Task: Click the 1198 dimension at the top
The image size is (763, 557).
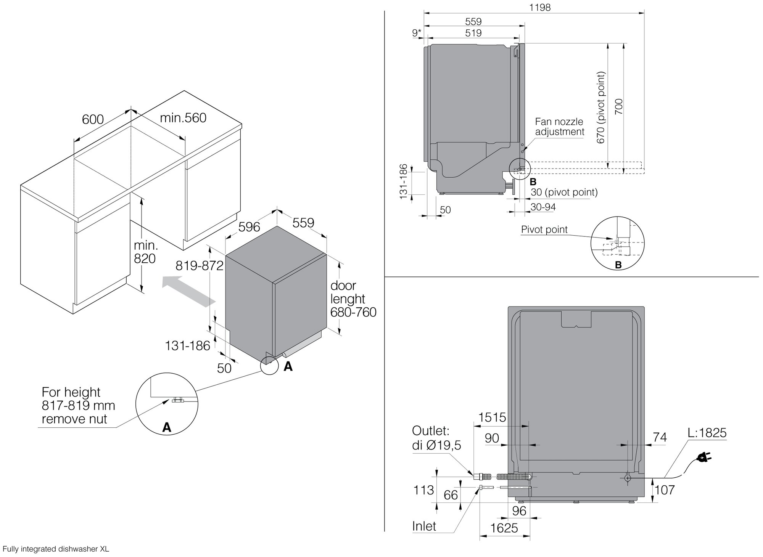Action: (x=540, y=7)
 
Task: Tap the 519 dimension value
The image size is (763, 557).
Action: (x=473, y=33)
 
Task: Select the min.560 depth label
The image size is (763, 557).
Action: (x=183, y=118)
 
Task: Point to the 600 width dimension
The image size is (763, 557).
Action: (x=93, y=119)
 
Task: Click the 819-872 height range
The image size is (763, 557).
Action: (x=199, y=265)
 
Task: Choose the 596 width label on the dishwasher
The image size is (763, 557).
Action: (x=249, y=227)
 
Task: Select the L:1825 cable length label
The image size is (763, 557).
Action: (x=707, y=433)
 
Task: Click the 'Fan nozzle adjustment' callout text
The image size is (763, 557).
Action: (x=559, y=127)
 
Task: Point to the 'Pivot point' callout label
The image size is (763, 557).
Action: (x=544, y=230)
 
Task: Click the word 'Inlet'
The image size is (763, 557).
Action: (x=424, y=526)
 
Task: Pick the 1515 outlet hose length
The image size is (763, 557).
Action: (x=492, y=417)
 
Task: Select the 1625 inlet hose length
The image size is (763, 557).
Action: (x=504, y=528)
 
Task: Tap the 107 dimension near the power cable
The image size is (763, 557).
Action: (x=665, y=490)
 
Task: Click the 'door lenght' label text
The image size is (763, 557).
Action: (x=348, y=292)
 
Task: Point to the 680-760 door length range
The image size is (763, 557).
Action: (x=353, y=312)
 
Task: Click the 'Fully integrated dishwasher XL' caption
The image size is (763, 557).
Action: (x=56, y=549)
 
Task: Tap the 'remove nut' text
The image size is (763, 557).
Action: (x=74, y=419)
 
